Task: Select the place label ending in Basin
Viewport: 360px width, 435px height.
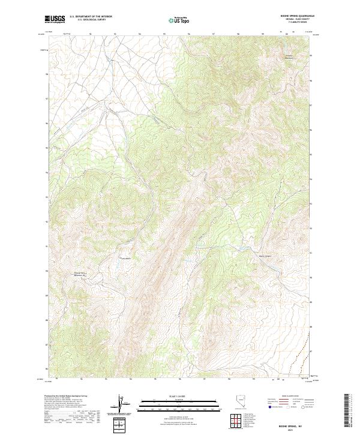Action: point(126,259)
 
